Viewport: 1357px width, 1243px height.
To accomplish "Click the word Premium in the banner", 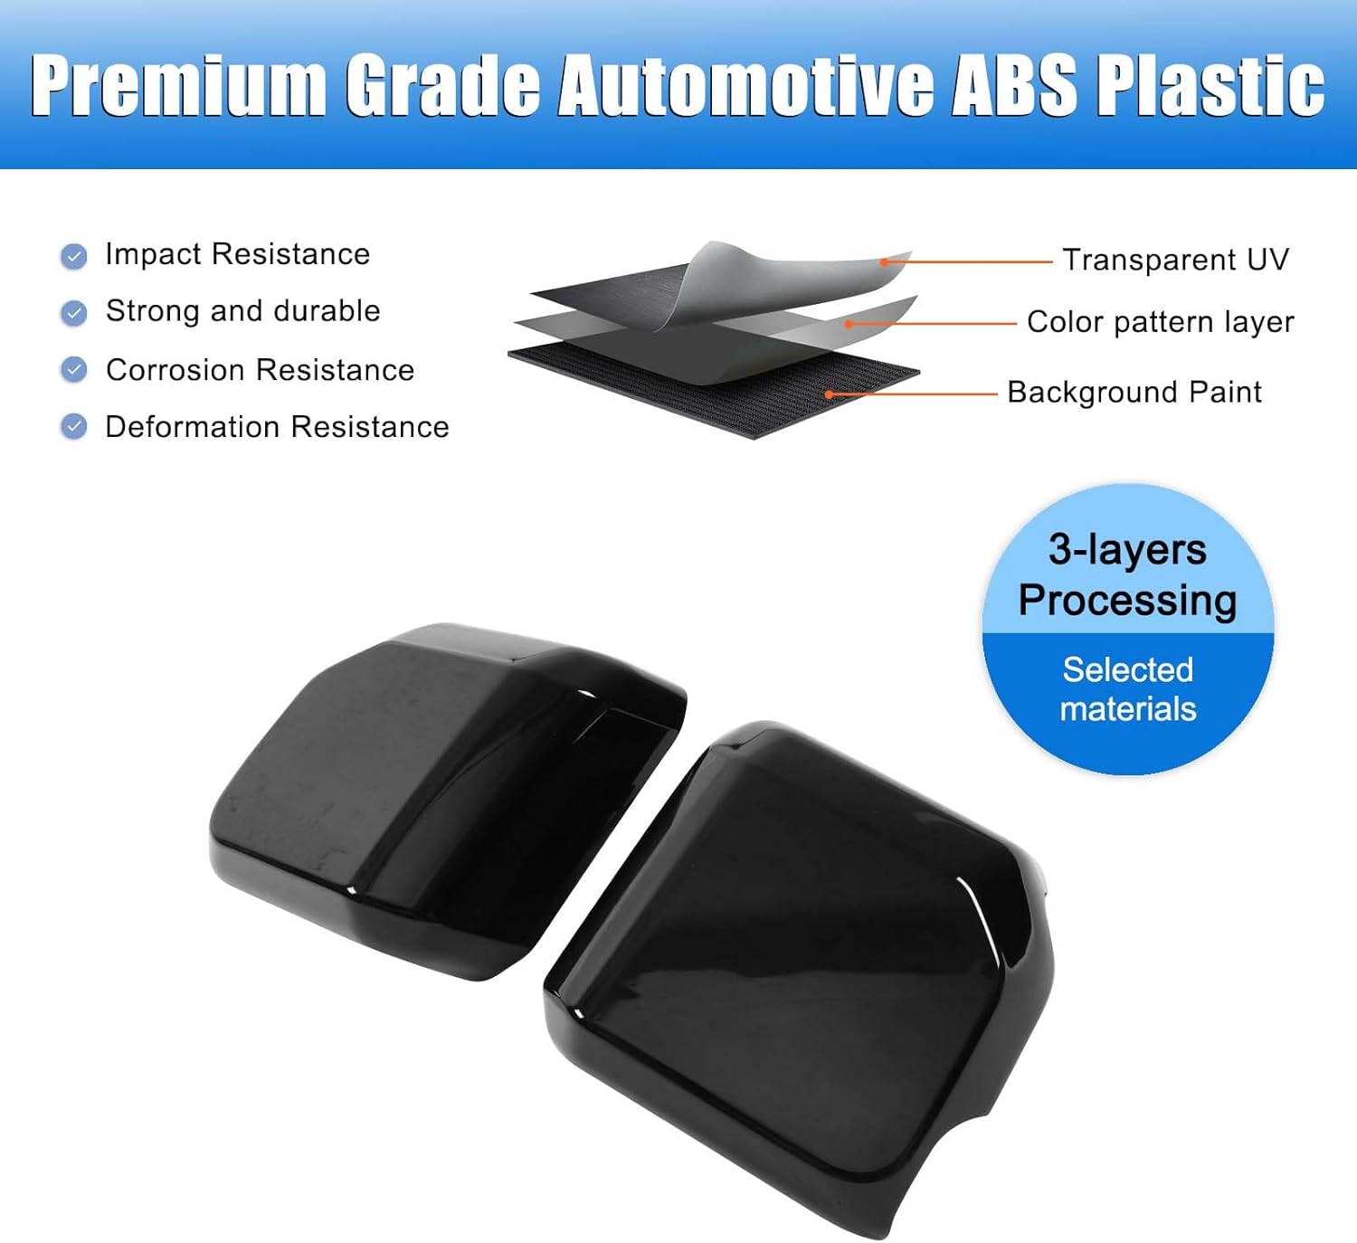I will pos(178,85).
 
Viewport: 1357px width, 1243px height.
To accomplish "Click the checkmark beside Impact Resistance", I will pos(74,257).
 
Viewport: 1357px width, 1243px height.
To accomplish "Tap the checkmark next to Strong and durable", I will pos(74,314).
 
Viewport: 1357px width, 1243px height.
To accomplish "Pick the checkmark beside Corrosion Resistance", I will pos(74,370).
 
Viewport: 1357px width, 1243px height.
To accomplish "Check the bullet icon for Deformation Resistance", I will pos(74,427).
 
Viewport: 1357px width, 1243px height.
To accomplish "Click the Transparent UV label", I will pos(1174,261).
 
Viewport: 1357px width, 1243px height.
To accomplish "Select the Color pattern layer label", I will pos(1160,322).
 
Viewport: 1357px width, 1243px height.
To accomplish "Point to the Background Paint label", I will pos(1134,393).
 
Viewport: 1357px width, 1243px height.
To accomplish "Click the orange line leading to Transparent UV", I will pos(968,262).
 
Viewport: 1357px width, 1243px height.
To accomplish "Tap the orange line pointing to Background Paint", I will pos(914,394).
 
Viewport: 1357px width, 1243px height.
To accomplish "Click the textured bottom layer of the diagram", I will pos(724,398).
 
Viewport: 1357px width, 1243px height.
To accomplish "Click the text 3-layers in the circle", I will pos(1127,550).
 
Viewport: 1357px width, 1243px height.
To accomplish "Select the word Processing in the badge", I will pos(1127,601).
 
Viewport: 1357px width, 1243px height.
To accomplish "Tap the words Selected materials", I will pos(1127,689).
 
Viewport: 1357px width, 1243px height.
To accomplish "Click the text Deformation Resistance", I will pos(277,427).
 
